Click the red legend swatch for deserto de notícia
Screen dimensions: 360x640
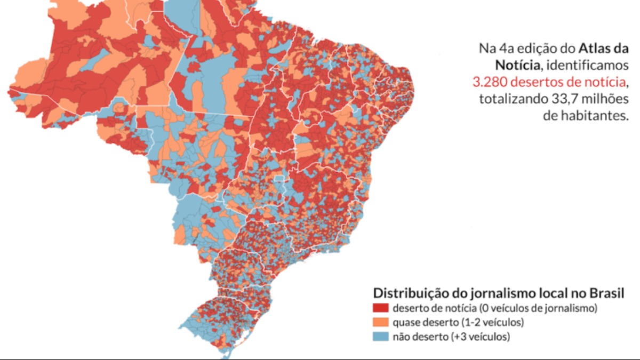381,308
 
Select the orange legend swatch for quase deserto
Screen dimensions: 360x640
381,322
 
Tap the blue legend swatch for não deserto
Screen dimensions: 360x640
381,337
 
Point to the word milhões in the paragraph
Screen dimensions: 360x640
606,99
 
